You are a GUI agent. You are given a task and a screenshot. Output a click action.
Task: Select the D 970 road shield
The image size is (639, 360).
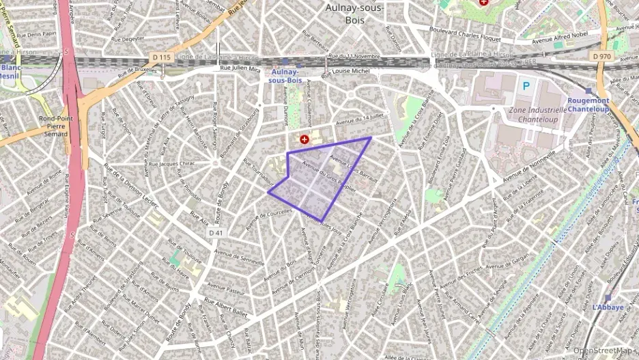(601, 56)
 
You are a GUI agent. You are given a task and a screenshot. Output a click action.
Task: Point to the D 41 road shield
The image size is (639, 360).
(216, 233)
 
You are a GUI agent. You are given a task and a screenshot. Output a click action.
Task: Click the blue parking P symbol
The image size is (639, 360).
(526, 86)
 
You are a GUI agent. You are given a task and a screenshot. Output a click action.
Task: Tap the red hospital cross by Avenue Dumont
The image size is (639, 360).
(304, 139)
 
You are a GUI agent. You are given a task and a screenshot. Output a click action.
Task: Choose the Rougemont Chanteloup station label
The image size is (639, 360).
(588, 105)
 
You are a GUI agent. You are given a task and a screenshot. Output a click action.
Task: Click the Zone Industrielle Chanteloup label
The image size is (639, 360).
(538, 114)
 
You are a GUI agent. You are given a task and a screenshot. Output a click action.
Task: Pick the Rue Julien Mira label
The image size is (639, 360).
(240, 69)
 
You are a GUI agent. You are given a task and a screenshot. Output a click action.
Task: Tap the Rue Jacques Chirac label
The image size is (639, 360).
(171, 164)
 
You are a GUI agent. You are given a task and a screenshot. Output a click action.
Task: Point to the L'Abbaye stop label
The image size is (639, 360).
(608, 307)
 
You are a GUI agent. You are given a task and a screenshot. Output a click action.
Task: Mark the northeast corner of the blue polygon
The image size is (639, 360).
(371, 138)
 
